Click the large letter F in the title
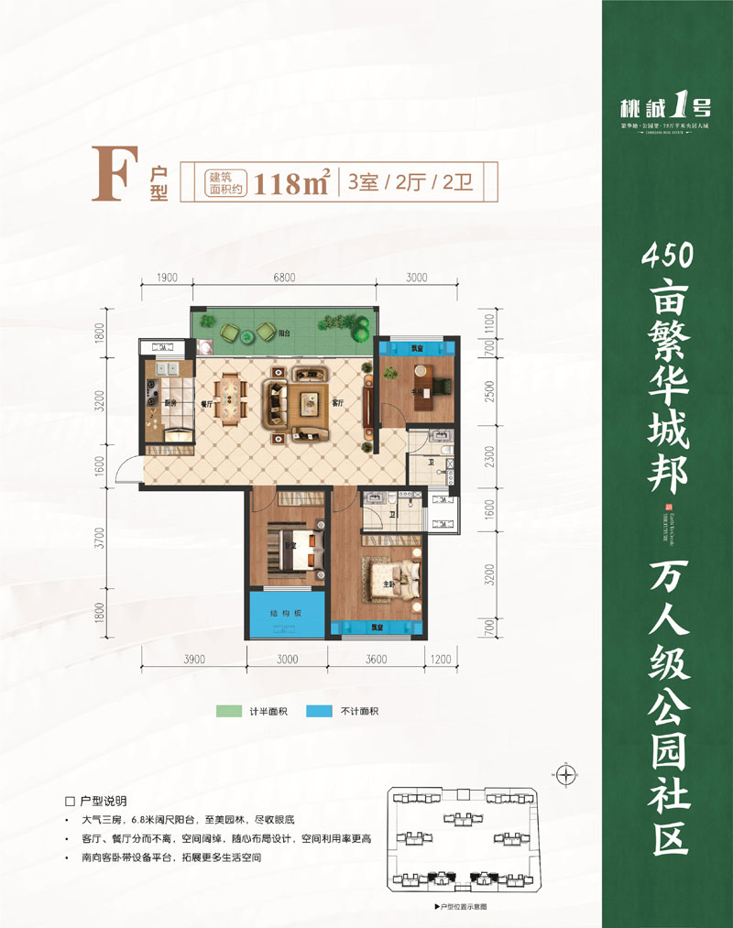coord(113,175)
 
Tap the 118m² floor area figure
coord(293,182)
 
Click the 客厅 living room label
coord(336,403)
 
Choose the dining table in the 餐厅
coord(230,397)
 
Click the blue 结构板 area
coord(283,615)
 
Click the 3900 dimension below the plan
coord(193,659)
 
